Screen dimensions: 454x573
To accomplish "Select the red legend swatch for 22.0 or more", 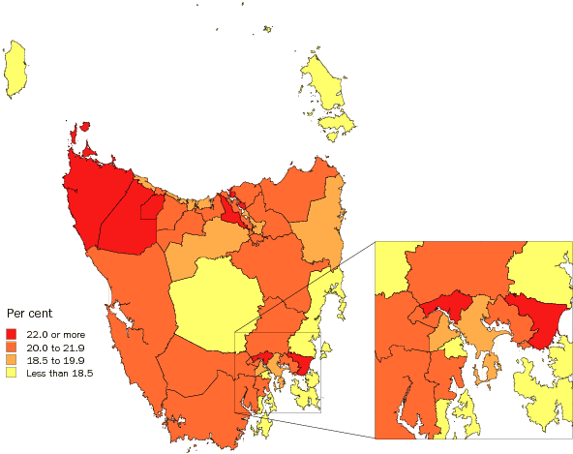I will (x=12, y=333).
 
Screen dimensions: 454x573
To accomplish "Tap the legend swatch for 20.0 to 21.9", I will (x=12, y=346).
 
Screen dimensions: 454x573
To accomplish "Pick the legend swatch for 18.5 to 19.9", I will (x=12, y=358).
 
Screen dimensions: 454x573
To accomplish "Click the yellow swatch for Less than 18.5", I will (x=12, y=371).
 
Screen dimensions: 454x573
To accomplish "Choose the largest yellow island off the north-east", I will (x=324, y=82).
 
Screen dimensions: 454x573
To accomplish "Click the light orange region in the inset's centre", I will (x=476, y=324).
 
